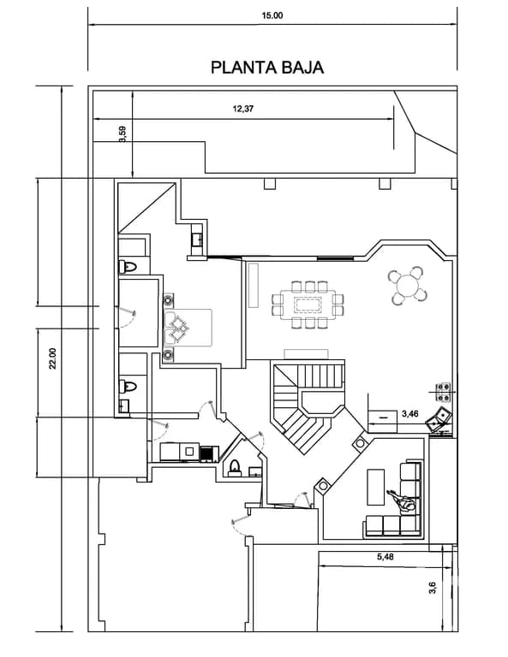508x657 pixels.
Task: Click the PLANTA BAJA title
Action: coord(267,68)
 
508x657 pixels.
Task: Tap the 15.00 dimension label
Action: coord(272,16)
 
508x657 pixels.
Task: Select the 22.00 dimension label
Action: coord(52,358)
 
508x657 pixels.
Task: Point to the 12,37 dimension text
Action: coord(243,109)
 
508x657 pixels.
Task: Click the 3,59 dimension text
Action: coord(123,134)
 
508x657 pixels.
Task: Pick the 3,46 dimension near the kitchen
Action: coord(409,414)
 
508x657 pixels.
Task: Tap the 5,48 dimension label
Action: coord(385,557)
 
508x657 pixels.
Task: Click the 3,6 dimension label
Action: coord(433,588)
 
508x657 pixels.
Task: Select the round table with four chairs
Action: coord(407,286)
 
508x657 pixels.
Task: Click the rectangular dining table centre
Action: coord(308,305)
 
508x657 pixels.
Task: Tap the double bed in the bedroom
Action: coord(188,328)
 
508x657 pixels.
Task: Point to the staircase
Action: coord(308,405)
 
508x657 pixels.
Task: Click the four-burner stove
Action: coord(443,392)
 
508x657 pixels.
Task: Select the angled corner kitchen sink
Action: coord(439,418)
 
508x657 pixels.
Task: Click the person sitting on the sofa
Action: coord(402,502)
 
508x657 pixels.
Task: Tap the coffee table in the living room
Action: coord(376,487)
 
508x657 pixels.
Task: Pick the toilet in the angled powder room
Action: coord(235,468)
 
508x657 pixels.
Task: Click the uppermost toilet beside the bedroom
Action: coord(128,267)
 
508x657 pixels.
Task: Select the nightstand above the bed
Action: coord(169,299)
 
